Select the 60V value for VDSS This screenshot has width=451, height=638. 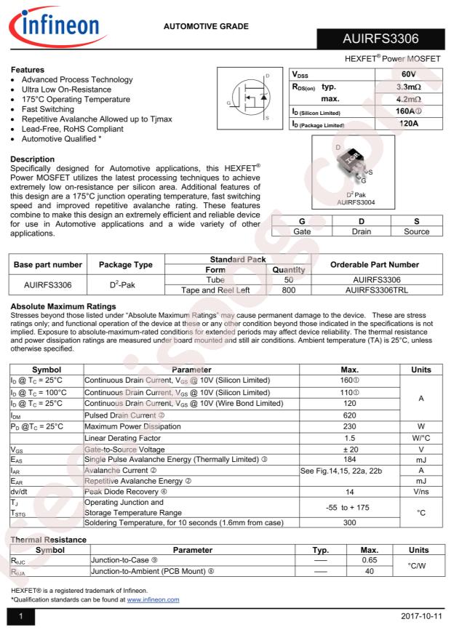[407, 75]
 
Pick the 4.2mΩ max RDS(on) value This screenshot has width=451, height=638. [407, 100]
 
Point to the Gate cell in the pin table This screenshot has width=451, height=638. [301, 231]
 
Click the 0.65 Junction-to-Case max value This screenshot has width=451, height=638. [369, 561]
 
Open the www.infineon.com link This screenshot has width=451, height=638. [153, 599]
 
